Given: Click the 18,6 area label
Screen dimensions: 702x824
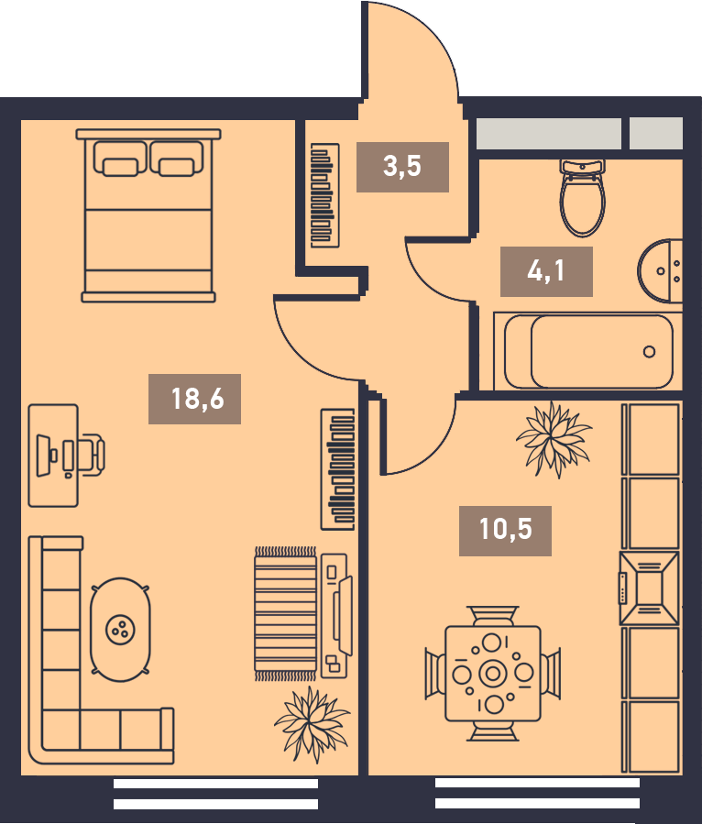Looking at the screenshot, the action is click(198, 399).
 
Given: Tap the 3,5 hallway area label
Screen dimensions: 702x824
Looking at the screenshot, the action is click(402, 166).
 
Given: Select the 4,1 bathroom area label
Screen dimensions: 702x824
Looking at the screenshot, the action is click(546, 271).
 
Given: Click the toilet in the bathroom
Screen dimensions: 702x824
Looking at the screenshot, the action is click(582, 197).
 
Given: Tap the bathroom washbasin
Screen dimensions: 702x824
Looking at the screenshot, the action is click(660, 271).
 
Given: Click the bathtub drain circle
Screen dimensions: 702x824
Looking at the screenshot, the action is click(649, 352).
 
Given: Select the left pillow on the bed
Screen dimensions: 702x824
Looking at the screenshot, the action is click(120, 159).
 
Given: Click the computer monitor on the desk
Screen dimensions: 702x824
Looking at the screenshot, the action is click(44, 456).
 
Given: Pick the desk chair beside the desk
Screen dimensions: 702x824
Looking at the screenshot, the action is click(92, 455).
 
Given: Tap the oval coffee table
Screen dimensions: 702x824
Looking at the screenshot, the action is click(120, 630).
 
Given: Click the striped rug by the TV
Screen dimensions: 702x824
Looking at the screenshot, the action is click(286, 613).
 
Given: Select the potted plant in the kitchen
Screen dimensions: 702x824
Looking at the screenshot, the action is click(554, 439).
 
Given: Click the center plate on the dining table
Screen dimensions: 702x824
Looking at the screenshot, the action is click(493, 673).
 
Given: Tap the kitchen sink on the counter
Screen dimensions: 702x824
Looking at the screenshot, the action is click(650, 588).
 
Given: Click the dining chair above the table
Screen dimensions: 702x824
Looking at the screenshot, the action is click(493, 615).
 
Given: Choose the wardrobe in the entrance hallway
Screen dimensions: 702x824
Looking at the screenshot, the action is click(324, 195).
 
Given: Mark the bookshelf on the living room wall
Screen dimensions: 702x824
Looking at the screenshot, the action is click(338, 469).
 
